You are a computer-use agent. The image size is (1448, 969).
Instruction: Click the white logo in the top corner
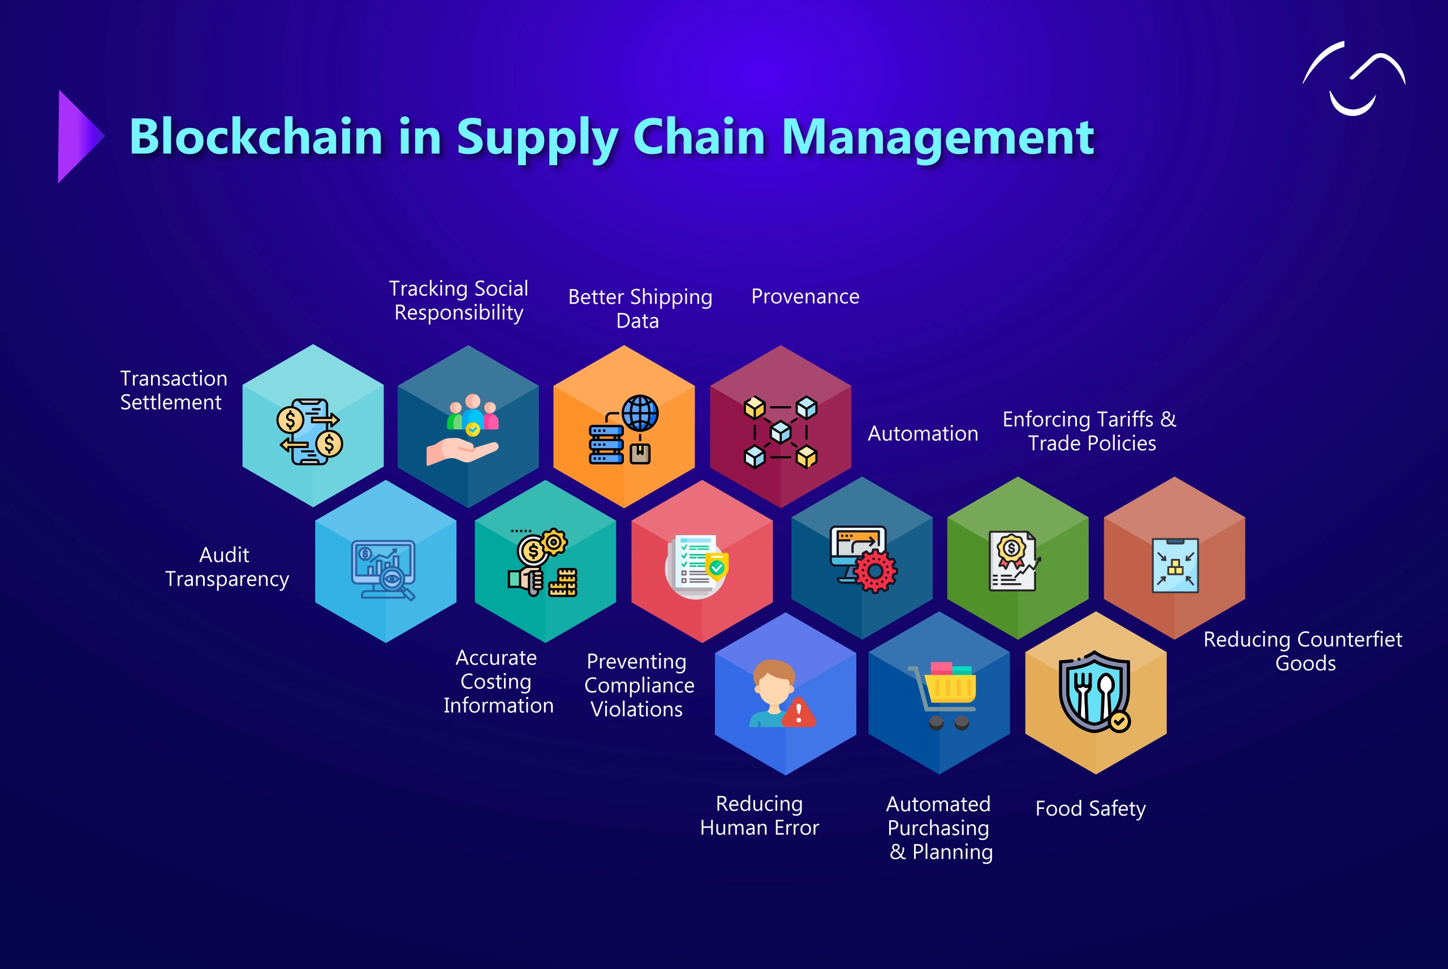tap(1353, 79)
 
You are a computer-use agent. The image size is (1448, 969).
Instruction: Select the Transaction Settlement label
tap(173, 390)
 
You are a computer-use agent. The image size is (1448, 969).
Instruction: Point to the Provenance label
tap(805, 296)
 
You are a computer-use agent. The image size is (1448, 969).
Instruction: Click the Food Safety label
tap(1091, 808)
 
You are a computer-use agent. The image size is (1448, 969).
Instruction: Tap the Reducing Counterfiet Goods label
tap(1303, 651)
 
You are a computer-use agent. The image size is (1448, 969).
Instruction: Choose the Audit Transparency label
tap(227, 567)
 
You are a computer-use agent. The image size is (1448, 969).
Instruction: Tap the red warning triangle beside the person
tap(799, 713)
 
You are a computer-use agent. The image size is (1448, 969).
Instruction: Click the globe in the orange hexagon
tap(640, 413)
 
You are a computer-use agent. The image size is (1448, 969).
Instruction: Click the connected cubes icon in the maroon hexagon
tap(780, 432)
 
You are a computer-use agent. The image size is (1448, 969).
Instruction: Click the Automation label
tap(923, 434)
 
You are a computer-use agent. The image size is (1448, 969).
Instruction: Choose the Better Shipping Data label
tap(640, 308)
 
